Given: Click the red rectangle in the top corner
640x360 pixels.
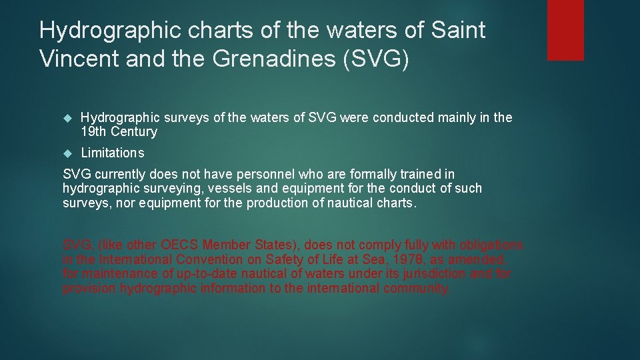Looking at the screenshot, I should point(565,30).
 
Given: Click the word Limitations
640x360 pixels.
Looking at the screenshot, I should point(112,153).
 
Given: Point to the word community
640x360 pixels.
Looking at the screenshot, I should point(416,289).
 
